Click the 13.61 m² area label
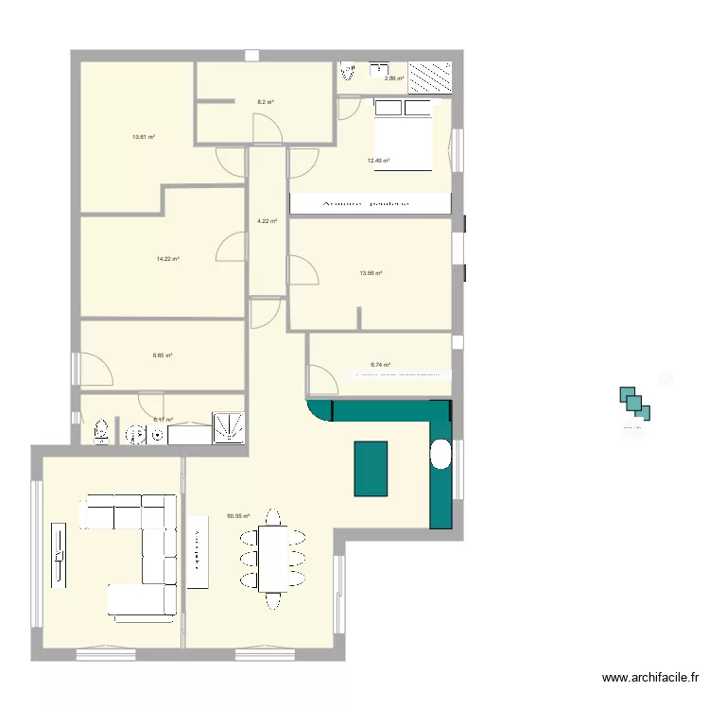144,137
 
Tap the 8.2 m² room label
266,102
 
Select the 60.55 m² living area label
238,516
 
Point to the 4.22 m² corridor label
267,221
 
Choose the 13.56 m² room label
371,273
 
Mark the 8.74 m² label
380,364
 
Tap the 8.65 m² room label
163,355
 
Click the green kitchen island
372,468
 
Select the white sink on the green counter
441,455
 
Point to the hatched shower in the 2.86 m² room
430,77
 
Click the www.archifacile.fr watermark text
652,677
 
